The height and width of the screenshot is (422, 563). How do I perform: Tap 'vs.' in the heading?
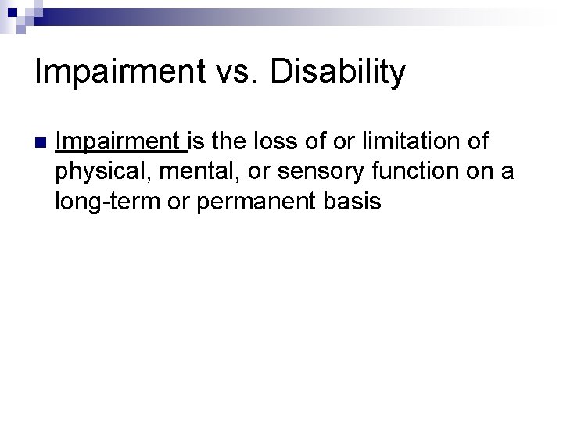(242, 73)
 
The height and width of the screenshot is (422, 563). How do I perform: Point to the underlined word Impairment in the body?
(118, 142)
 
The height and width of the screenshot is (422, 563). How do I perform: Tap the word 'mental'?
(186, 172)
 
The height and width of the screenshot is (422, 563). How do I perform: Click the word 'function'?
(385, 172)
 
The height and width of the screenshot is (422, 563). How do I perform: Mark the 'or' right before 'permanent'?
(178, 202)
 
